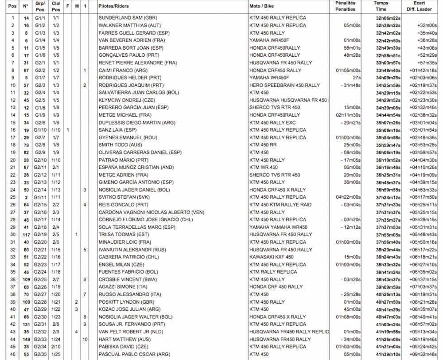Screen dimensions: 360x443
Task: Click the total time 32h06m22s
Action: coord(388,18)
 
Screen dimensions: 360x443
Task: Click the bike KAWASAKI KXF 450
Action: coord(271,256)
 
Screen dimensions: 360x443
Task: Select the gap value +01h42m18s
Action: coord(424,70)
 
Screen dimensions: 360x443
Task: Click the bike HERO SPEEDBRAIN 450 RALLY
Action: coord(284,85)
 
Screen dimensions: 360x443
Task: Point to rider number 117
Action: coord(26,234)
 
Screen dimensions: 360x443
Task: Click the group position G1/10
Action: coord(40,130)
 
